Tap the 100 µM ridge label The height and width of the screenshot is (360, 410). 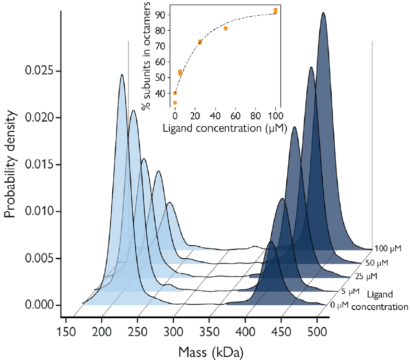pyautogui.click(x=388, y=248)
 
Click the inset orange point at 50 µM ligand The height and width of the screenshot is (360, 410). pyautogui.click(x=226, y=28)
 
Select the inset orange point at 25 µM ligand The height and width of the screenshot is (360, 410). pyautogui.click(x=200, y=42)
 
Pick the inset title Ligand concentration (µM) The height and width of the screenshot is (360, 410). pyautogui.click(x=225, y=128)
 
